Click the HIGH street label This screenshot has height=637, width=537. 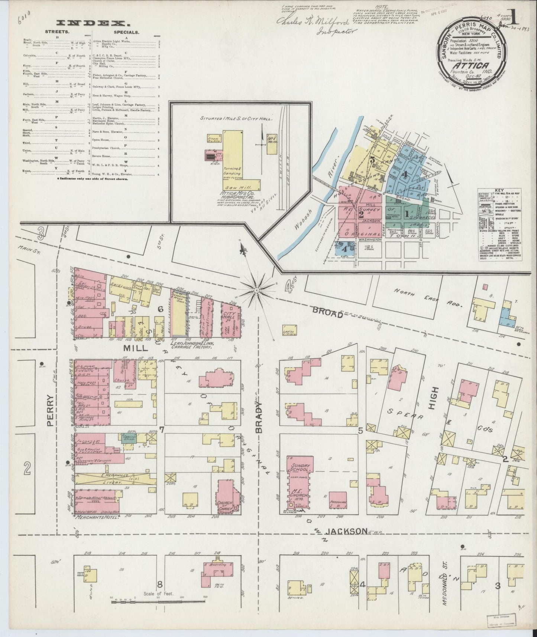point(434,398)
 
